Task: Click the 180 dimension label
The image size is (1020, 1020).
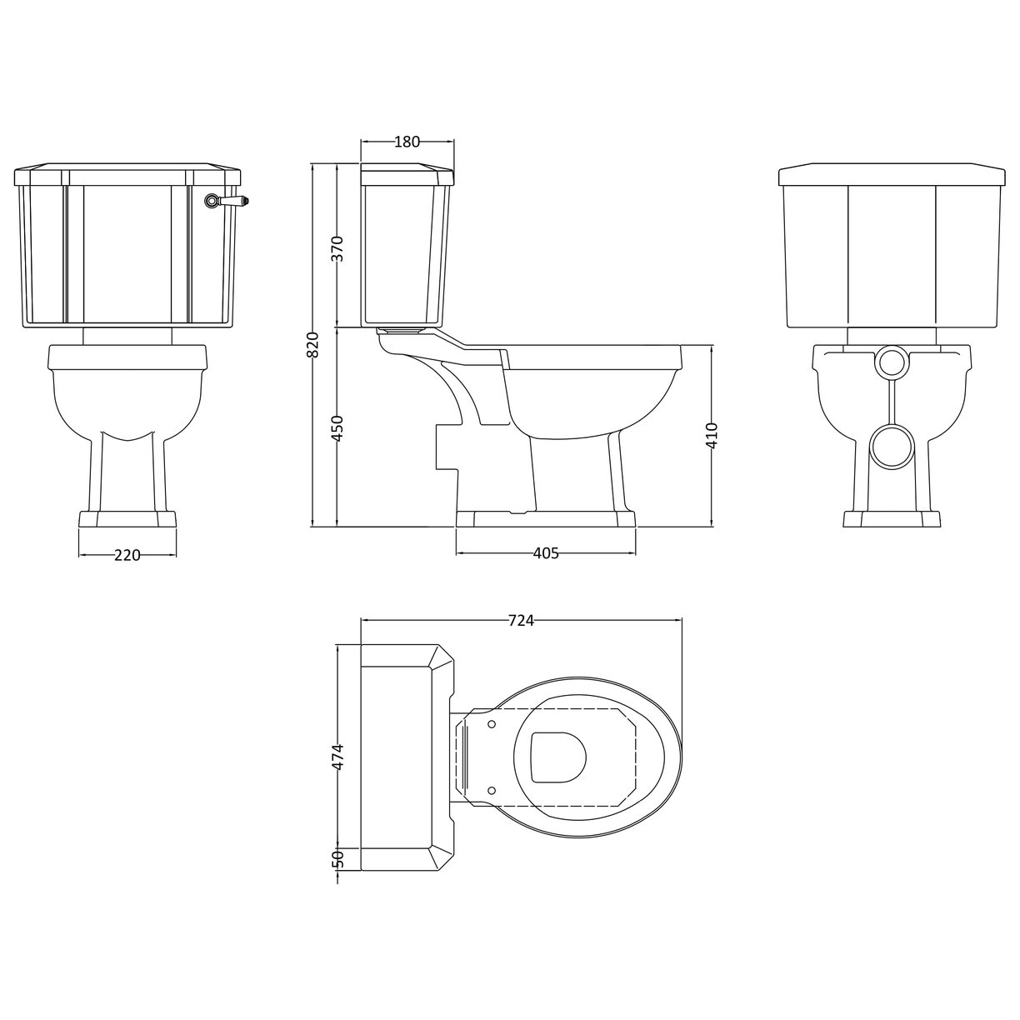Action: point(406,142)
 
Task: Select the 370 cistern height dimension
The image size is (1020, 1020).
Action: point(337,247)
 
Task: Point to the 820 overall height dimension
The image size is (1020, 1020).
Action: point(312,344)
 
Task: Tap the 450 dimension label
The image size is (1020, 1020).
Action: point(337,427)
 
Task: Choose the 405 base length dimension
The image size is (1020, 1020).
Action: point(545,553)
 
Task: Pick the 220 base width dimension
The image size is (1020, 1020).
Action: point(127,556)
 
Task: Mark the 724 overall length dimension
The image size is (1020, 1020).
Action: point(520,620)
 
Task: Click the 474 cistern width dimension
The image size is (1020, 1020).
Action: point(337,757)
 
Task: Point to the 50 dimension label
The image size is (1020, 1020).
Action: point(337,858)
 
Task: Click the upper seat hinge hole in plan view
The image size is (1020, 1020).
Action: point(492,723)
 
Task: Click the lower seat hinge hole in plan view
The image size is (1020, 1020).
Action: point(492,789)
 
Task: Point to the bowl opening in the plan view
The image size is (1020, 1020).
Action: point(558,757)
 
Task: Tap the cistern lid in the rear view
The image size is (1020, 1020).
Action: point(891,176)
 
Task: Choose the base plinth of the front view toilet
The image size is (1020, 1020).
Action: point(127,519)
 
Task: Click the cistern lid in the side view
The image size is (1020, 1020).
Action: point(407,176)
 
